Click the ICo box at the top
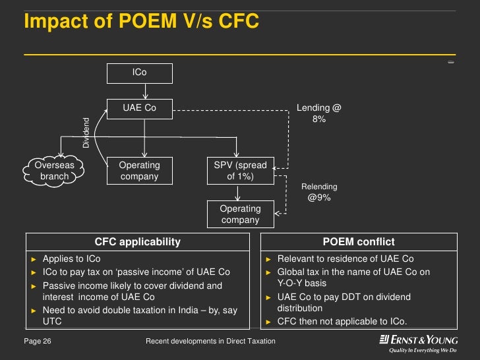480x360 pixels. pyautogui.click(x=139, y=73)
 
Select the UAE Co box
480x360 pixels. pyautogui.click(x=139, y=108)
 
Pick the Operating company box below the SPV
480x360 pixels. pyautogui.click(x=240, y=214)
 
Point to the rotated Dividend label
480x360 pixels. pyautogui.click(x=86, y=132)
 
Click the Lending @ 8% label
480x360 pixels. pyautogui.click(x=318, y=113)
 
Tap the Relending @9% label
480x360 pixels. pyautogui.click(x=319, y=192)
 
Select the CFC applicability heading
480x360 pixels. pyautogui.click(x=137, y=242)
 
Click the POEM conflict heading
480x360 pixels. pyautogui.click(x=359, y=242)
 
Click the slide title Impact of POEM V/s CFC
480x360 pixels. pyautogui.click(x=141, y=22)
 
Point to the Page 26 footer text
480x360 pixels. pyautogui.click(x=38, y=341)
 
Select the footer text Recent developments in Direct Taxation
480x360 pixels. pyautogui.click(x=210, y=341)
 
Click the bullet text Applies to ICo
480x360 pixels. pyautogui.click(x=72, y=259)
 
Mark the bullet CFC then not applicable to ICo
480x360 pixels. pyautogui.click(x=342, y=322)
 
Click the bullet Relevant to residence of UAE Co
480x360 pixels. pyautogui.click(x=345, y=259)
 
